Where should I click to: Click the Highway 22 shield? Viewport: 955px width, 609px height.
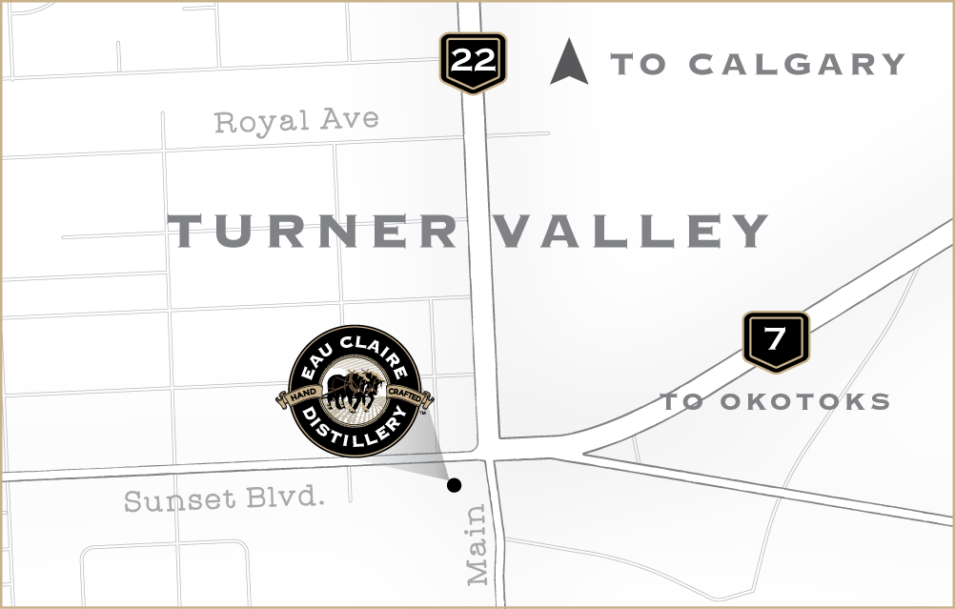473,61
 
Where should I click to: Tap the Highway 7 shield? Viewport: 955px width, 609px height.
775,339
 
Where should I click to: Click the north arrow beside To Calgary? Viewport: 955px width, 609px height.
569,62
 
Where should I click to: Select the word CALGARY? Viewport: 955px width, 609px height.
796,65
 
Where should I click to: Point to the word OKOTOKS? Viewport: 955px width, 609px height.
805,401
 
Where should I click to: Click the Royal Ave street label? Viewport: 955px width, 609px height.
296,121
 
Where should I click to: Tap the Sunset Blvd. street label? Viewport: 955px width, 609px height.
224,498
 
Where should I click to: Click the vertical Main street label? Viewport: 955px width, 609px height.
477,544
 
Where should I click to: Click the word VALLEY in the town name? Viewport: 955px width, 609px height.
634,232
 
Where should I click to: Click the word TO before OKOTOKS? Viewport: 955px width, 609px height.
682,401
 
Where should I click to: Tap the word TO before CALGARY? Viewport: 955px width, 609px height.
639,65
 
